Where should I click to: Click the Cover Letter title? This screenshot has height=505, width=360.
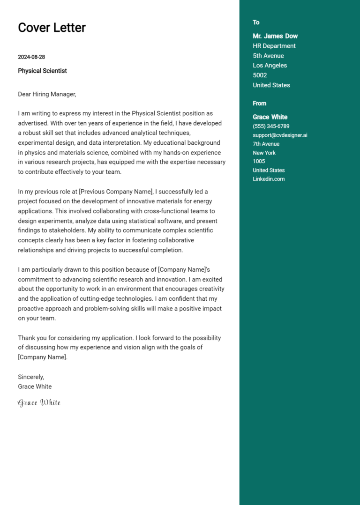(52, 28)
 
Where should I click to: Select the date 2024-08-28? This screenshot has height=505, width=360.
(31, 57)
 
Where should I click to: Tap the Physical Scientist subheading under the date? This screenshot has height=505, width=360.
(42, 71)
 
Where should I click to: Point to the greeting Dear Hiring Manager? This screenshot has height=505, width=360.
(47, 94)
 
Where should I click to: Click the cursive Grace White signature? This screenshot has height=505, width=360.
(39, 403)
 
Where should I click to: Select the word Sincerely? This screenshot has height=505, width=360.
(31, 377)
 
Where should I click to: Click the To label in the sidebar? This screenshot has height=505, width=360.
(256, 22)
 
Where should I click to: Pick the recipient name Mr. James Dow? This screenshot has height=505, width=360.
(275, 36)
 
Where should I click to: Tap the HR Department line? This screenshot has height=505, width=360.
(274, 46)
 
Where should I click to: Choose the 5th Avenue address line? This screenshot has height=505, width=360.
(268, 56)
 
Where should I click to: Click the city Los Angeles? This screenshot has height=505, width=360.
(270, 66)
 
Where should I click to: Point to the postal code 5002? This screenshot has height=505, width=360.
(260, 75)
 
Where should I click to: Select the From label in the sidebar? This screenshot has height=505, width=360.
(259, 104)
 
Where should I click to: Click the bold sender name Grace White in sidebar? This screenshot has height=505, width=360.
(270, 117)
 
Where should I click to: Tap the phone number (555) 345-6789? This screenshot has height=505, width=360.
(271, 126)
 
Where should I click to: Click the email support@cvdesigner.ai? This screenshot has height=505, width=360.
(280, 135)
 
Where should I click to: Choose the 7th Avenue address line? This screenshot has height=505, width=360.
(266, 144)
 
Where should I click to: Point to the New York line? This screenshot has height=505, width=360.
(264, 153)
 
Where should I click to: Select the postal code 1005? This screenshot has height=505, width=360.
(259, 162)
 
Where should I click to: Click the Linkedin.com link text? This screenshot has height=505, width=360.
(269, 179)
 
